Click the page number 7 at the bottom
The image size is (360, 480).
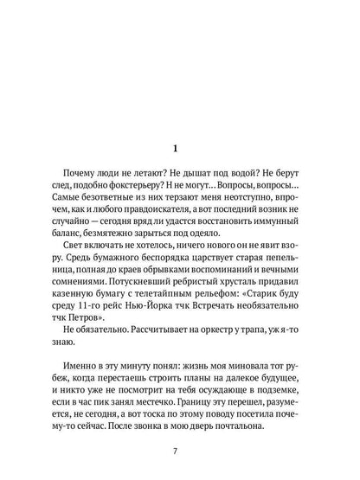pos(180,449)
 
